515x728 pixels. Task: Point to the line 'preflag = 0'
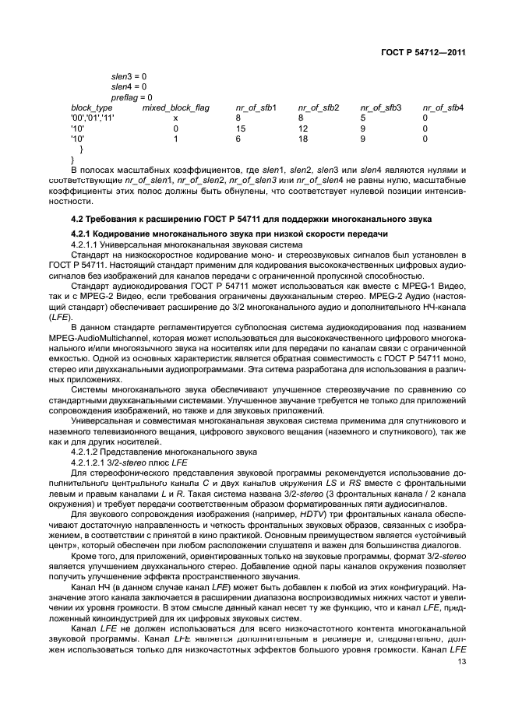pyautogui.click(x=132, y=97)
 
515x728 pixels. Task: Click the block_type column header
pyautogui.click(x=92, y=107)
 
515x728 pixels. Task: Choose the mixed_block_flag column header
pyautogui.click(x=175, y=107)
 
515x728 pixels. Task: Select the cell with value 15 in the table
pyautogui.click(x=241, y=128)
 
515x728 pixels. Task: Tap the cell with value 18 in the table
pyautogui.click(x=303, y=138)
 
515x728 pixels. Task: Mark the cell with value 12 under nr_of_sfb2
pyautogui.click(x=303, y=128)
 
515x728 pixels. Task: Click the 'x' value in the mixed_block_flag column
pyautogui.click(x=175, y=118)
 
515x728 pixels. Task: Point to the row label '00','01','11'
pyautogui.click(x=93, y=118)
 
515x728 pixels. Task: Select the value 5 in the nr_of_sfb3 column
pyautogui.click(x=362, y=118)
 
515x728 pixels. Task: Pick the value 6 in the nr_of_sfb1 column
pyautogui.click(x=238, y=138)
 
